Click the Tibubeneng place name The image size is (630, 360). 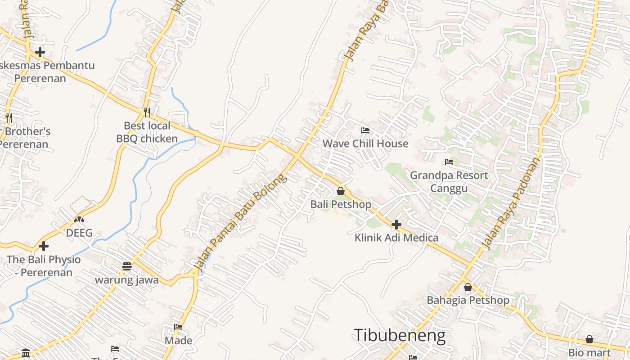pos(400,336)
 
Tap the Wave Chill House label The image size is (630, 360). pos(365,144)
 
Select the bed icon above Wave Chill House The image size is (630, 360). pos(365,131)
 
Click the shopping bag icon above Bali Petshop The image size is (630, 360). pos(341,192)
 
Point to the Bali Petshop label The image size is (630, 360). pos(341,204)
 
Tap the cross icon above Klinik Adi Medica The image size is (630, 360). pos(396,225)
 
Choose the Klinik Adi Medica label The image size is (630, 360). pos(396,238)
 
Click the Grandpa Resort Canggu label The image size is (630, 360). pos(449,181)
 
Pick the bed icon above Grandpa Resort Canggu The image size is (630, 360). pos(449,162)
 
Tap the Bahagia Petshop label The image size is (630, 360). pos(468,300)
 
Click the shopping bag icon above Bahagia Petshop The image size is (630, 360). pos(468,287)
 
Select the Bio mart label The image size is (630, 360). pos(589,352)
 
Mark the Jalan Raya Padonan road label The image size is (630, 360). pos(512,203)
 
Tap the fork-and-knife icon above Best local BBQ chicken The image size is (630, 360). pos(147,112)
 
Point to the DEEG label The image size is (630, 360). pos(79,233)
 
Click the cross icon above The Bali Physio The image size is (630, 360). pos(44,246)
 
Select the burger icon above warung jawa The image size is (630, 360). pos(127,266)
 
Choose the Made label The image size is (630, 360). pos(178,340)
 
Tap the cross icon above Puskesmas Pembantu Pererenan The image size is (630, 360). pos(40,52)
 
